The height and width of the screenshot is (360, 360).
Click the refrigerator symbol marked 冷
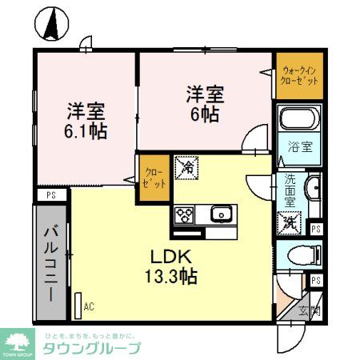(185, 168)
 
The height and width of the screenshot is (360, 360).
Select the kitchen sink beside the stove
(220, 214)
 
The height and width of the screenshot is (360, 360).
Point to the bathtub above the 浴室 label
(299, 122)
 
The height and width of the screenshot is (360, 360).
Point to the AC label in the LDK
(89, 306)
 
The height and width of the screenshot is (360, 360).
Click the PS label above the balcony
(51, 194)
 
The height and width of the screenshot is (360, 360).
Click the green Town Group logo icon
(17, 340)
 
